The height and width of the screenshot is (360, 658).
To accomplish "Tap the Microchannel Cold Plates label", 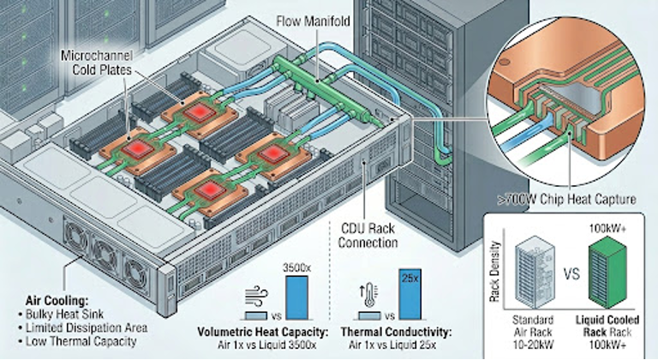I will tap(96, 61).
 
